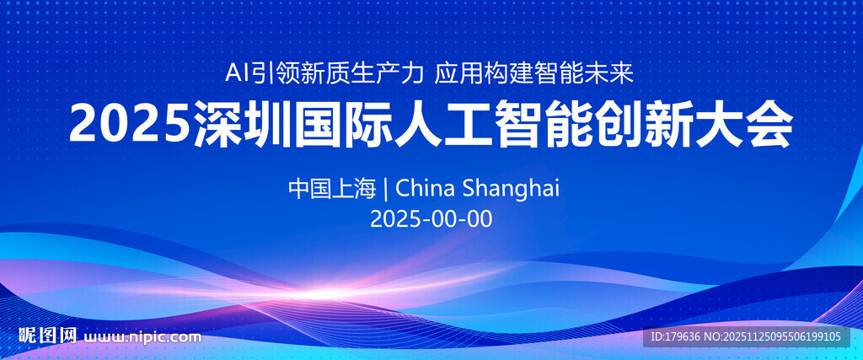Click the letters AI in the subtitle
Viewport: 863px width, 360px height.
point(238,73)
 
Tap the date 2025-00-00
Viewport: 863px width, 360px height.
point(431,219)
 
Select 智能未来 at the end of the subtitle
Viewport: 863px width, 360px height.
point(585,73)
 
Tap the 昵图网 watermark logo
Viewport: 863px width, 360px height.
point(47,335)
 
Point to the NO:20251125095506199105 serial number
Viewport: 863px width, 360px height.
point(772,336)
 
